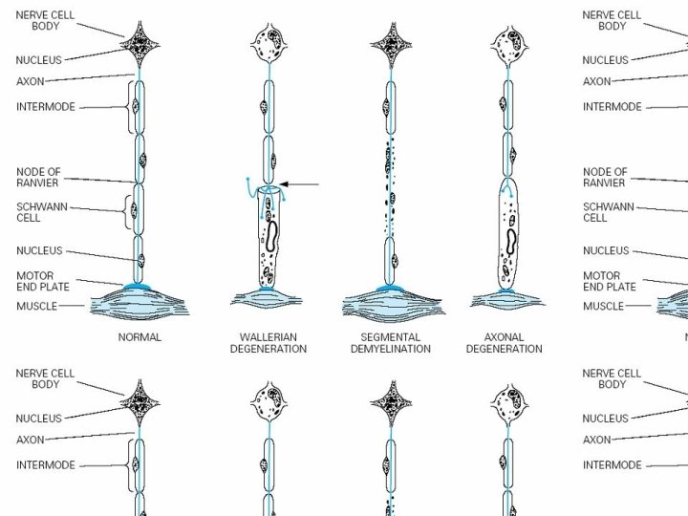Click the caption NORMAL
coord(140,337)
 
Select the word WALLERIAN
coord(268,337)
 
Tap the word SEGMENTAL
coord(390,337)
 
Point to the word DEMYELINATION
coord(390,349)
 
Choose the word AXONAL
coord(504,337)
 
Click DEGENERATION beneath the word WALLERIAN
coord(268,349)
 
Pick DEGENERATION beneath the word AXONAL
coord(504,349)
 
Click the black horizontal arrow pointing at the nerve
coord(302,184)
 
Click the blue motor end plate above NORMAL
coord(140,287)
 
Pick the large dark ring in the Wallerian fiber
coord(271,235)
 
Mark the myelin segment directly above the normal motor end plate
coord(140,258)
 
